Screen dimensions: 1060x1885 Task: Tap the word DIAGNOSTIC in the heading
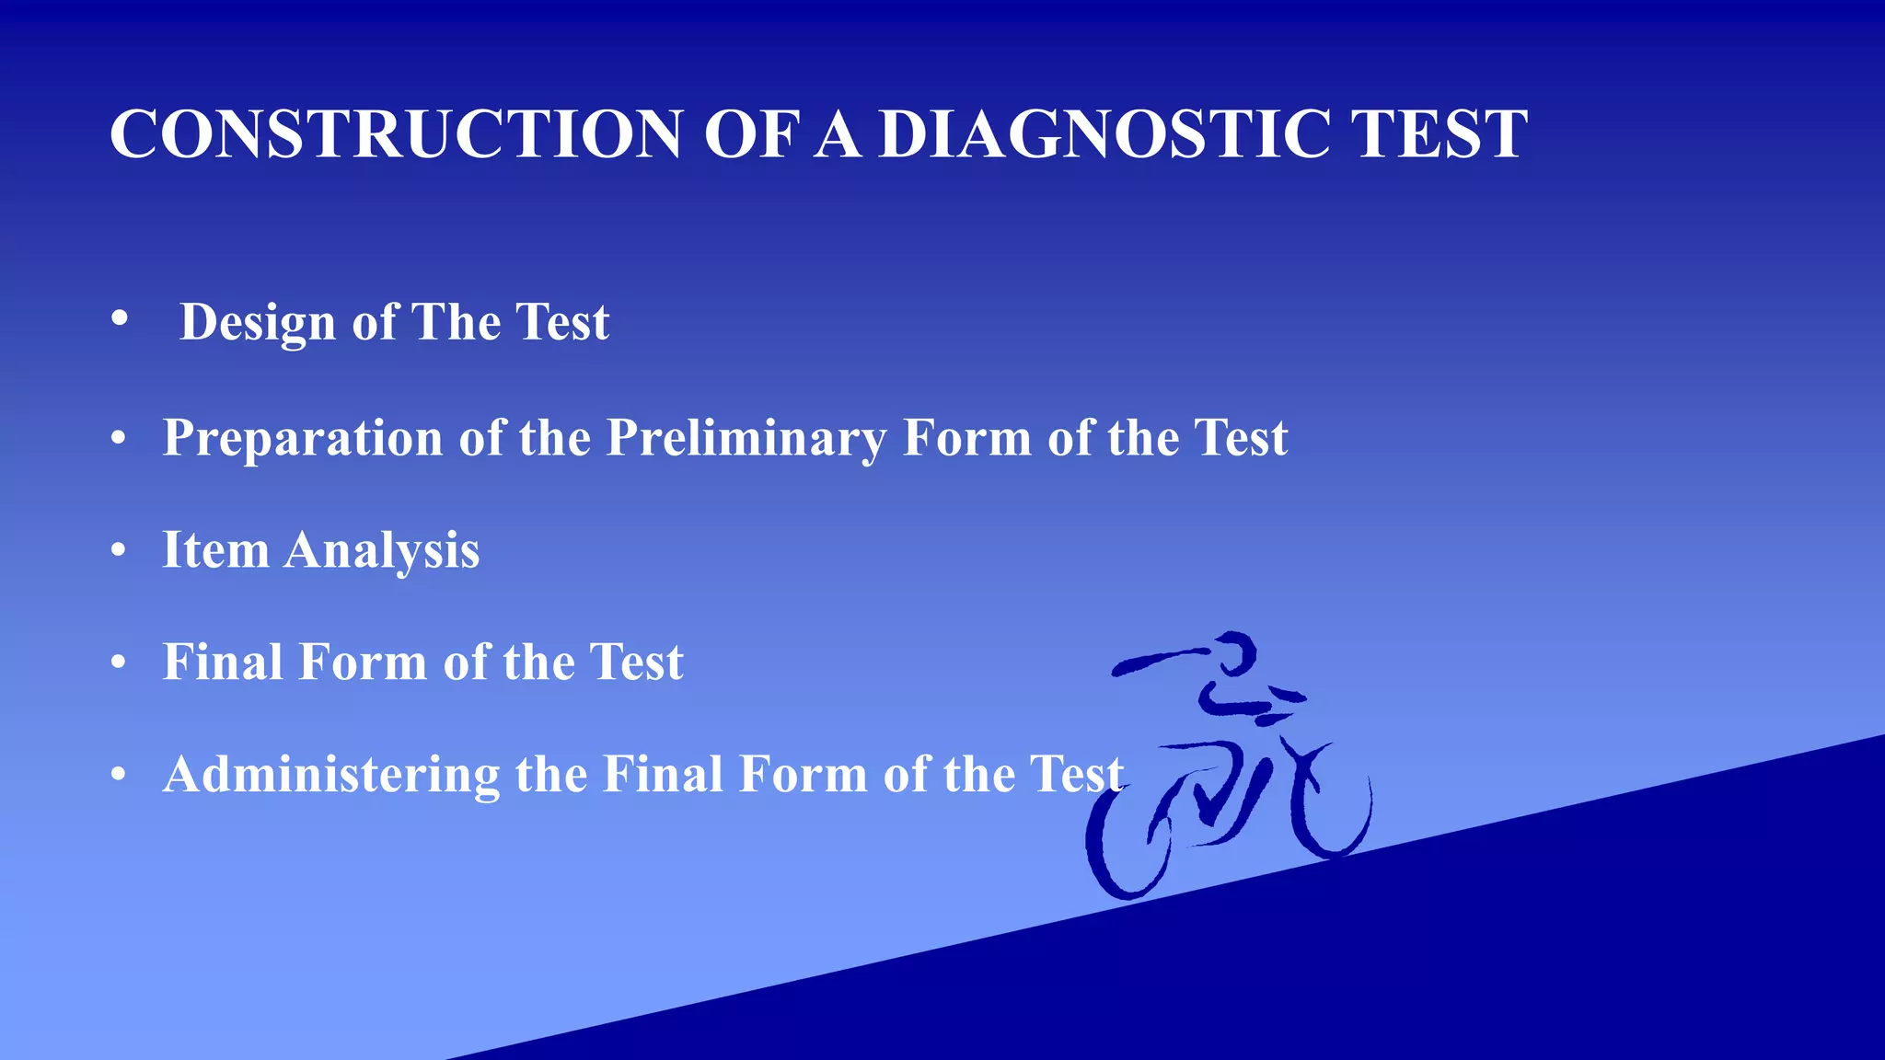coord(1103,134)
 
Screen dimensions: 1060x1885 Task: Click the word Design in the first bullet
coord(258,323)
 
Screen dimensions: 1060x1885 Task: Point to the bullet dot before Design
coord(119,318)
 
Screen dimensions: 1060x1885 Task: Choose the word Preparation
coord(303,438)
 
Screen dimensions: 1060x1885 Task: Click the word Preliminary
coord(746,438)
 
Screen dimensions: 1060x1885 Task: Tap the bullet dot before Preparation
coord(118,438)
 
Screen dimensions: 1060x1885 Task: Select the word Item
coord(215,550)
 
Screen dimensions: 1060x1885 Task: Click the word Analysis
coord(382,550)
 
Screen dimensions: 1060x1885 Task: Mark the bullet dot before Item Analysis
coord(118,550)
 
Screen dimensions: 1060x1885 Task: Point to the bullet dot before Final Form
coord(118,662)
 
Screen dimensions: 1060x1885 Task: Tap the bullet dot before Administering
coord(118,774)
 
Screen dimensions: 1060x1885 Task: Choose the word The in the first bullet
coord(456,323)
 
